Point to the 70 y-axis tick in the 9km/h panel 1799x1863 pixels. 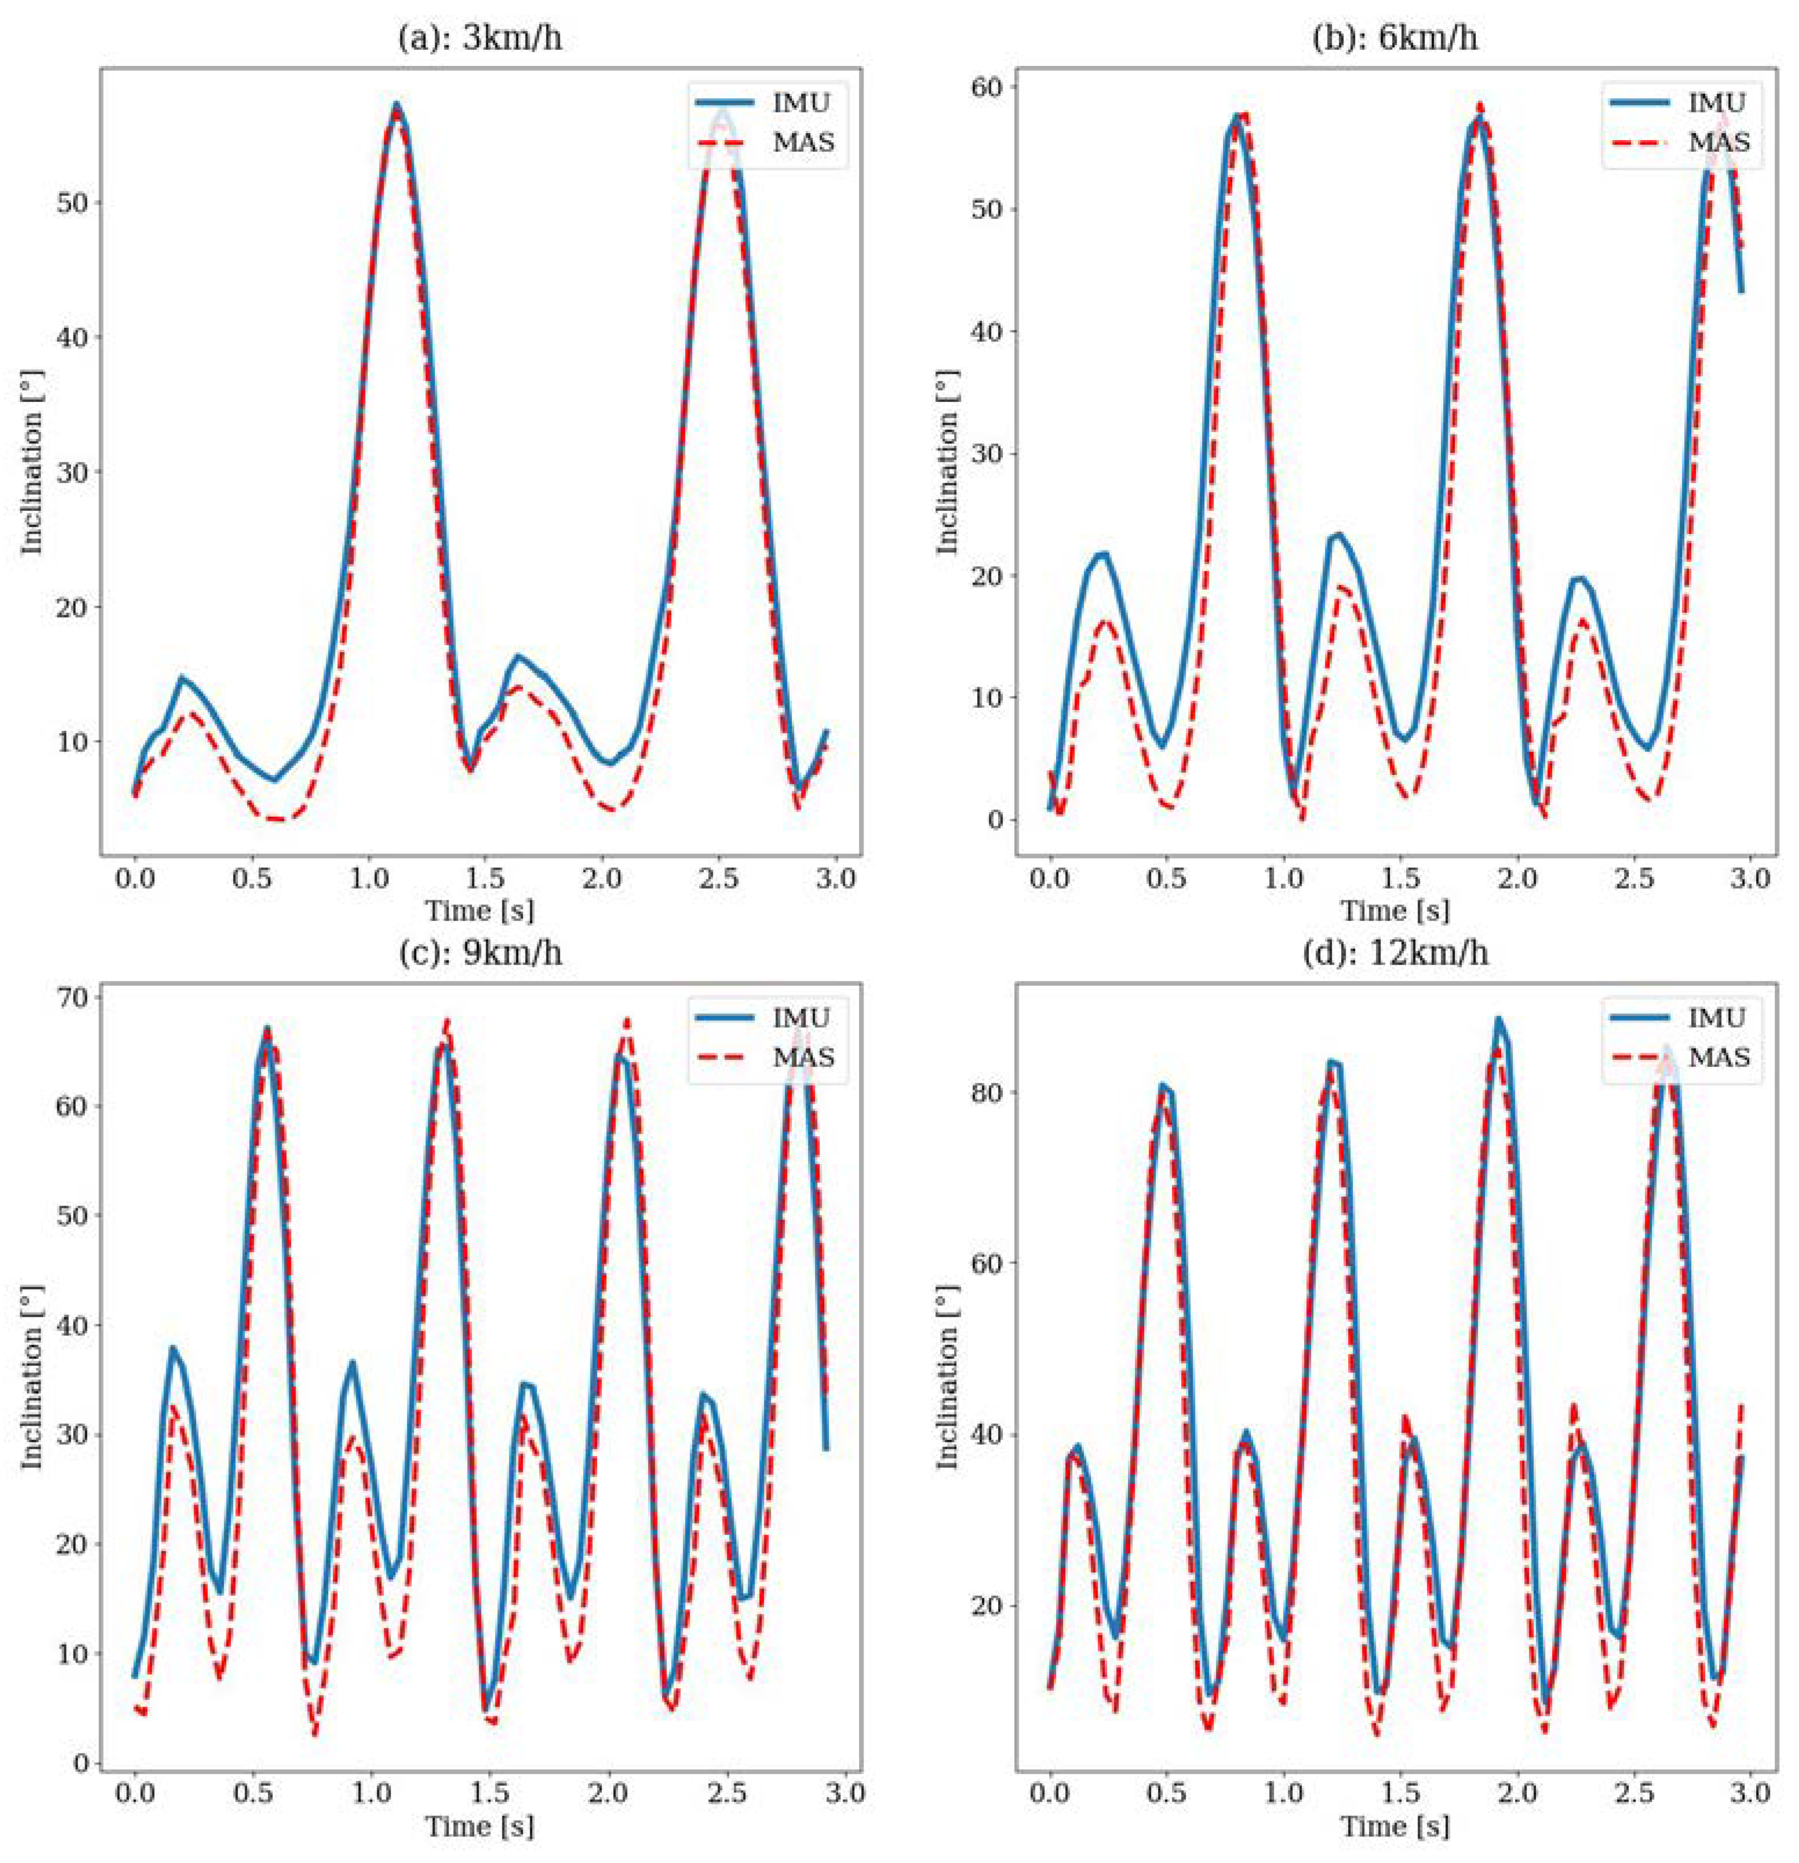pyautogui.click(x=73, y=997)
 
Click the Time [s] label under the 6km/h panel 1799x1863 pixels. pyautogui.click(x=1395, y=911)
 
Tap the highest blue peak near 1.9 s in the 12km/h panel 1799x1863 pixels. pyautogui.click(x=1499, y=1020)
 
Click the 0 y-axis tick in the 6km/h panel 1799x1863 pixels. pyautogui.click(x=996, y=819)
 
